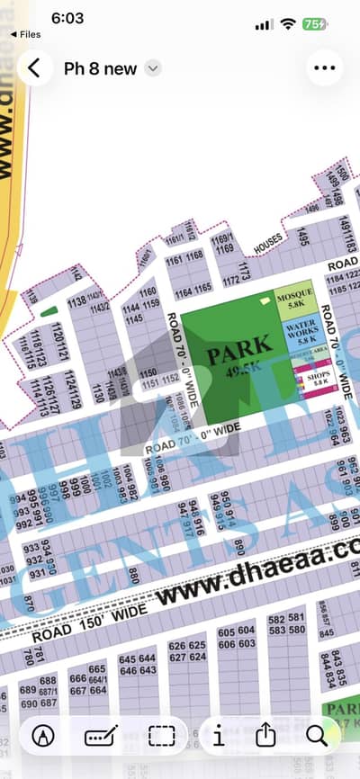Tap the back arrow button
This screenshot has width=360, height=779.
34,68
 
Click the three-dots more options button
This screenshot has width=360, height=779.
325,68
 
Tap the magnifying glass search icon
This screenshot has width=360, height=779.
316,736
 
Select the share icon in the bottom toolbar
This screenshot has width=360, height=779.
265,736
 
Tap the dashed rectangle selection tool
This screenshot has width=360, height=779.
162,736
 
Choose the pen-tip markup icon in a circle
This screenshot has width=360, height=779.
42,736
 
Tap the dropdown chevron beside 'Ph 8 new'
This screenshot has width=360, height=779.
153,68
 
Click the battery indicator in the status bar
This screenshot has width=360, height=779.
315,24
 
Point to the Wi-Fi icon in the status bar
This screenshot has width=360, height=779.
288,24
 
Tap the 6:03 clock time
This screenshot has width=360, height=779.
67,18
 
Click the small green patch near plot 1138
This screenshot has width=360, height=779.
46,311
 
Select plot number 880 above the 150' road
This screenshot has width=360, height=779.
134,575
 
